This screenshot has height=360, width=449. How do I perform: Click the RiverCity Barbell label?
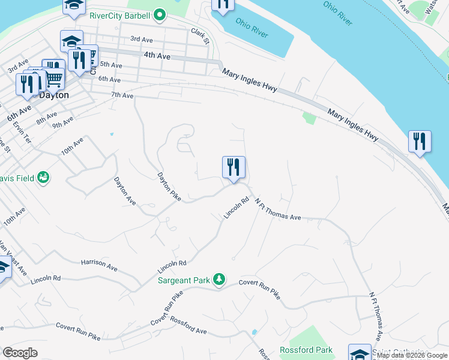119,16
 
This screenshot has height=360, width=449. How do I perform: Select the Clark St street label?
200,35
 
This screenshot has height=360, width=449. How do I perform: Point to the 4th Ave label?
157,56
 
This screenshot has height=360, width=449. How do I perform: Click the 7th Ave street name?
122,95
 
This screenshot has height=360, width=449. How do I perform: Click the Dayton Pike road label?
169,187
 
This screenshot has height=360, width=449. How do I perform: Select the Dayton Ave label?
125,191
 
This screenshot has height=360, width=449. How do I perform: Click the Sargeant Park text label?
183,280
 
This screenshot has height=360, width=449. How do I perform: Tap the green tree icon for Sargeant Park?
220,280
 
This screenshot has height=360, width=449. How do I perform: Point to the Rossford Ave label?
188,327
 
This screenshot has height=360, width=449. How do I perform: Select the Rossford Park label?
306,350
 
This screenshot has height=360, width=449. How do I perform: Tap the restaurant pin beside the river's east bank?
419,142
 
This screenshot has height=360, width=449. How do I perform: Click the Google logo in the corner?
20,353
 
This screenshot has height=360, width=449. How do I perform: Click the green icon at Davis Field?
43,177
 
